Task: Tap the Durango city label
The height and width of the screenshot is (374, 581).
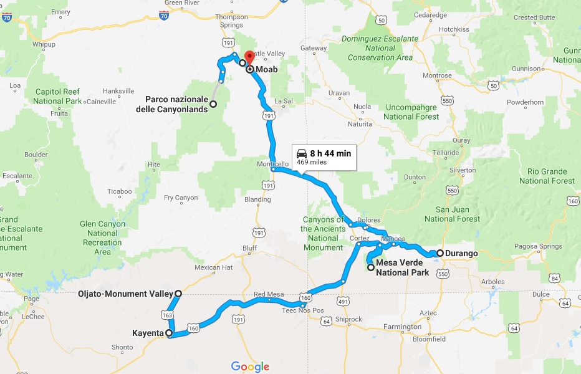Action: coord(462,254)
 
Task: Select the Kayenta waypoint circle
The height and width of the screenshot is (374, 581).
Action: coord(169,333)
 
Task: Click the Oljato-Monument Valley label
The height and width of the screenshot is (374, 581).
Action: coord(125,294)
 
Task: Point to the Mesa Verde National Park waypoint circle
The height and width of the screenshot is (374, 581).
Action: coord(371,267)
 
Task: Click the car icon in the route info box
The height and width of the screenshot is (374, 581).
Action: coord(302,153)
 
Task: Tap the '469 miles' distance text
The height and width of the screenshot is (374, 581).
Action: coord(311,162)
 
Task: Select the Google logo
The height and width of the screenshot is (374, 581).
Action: coord(250,367)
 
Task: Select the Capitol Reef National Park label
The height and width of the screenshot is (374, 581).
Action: coord(57,97)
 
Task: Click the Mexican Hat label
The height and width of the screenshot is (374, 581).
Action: coord(213,267)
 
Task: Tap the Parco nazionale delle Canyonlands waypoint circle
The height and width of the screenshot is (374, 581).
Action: coord(213,104)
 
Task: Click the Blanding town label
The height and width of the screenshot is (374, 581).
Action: coord(257,199)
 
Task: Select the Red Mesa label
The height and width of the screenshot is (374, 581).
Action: coord(269,294)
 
